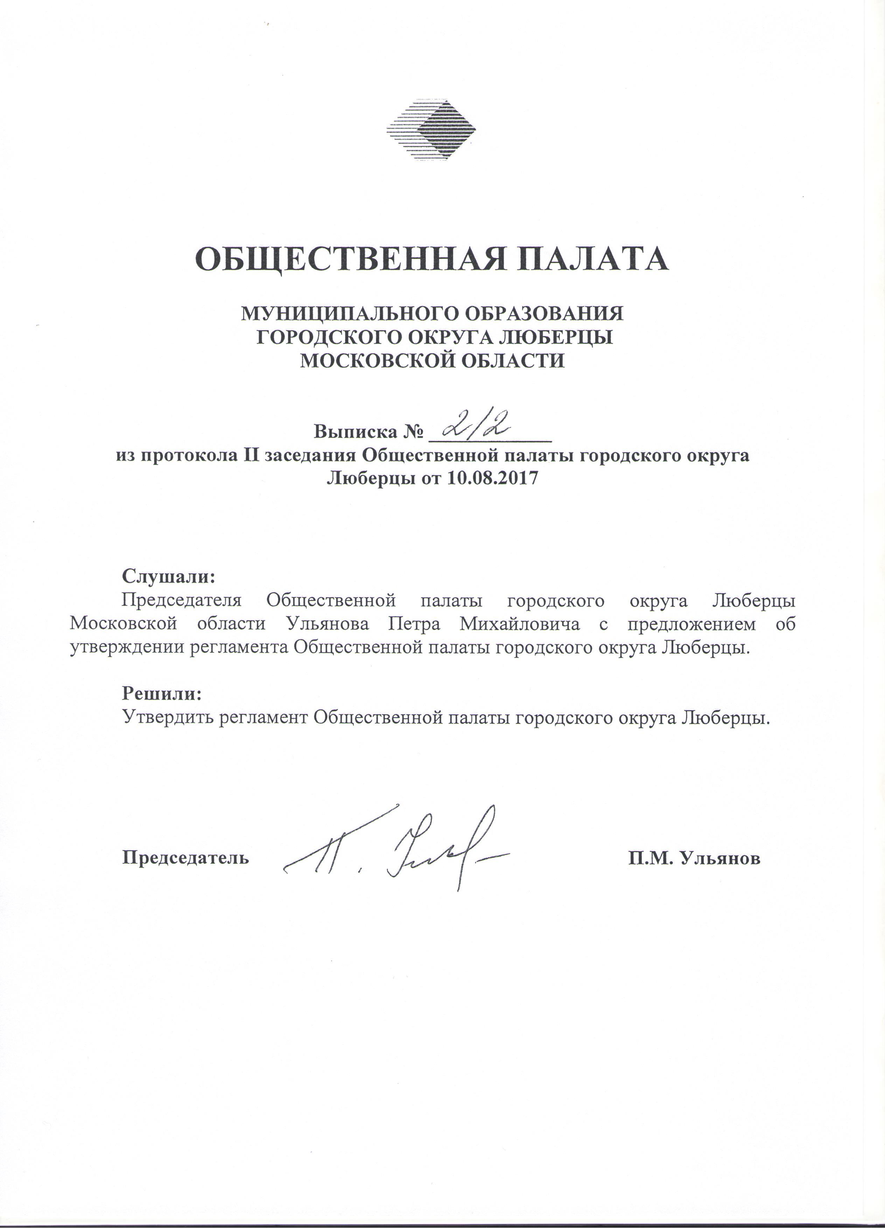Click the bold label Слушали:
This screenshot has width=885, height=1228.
click(x=169, y=576)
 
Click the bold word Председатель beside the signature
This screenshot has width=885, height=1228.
click(x=186, y=858)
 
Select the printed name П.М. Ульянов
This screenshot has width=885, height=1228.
click(x=694, y=858)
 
